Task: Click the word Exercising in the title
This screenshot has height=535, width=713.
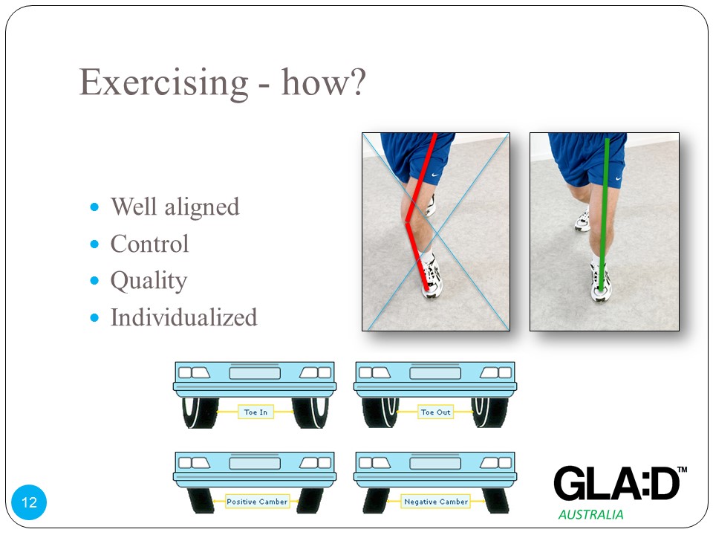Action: click(164, 82)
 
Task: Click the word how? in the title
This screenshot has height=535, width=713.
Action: click(323, 82)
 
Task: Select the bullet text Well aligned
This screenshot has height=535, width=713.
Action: click(175, 207)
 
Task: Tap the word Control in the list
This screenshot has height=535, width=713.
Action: click(149, 244)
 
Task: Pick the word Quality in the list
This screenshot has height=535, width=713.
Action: click(149, 281)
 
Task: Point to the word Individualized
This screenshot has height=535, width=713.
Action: click(183, 317)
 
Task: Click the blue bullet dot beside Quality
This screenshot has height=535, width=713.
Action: click(94, 280)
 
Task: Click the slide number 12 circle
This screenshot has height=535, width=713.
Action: click(29, 502)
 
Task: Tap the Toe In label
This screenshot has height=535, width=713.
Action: click(255, 412)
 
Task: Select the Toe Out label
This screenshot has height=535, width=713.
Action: click(436, 412)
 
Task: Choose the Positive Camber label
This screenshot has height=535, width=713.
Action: click(257, 502)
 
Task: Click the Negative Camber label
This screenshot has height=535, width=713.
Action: click(436, 502)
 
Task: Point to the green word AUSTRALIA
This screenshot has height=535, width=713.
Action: click(590, 514)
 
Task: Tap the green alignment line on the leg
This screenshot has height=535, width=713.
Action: click(605, 214)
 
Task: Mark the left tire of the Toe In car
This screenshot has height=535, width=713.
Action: click(201, 412)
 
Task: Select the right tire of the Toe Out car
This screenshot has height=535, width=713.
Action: click(489, 412)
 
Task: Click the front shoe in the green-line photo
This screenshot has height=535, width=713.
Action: click(601, 283)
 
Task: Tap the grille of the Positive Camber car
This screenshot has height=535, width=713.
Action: click(255, 463)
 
